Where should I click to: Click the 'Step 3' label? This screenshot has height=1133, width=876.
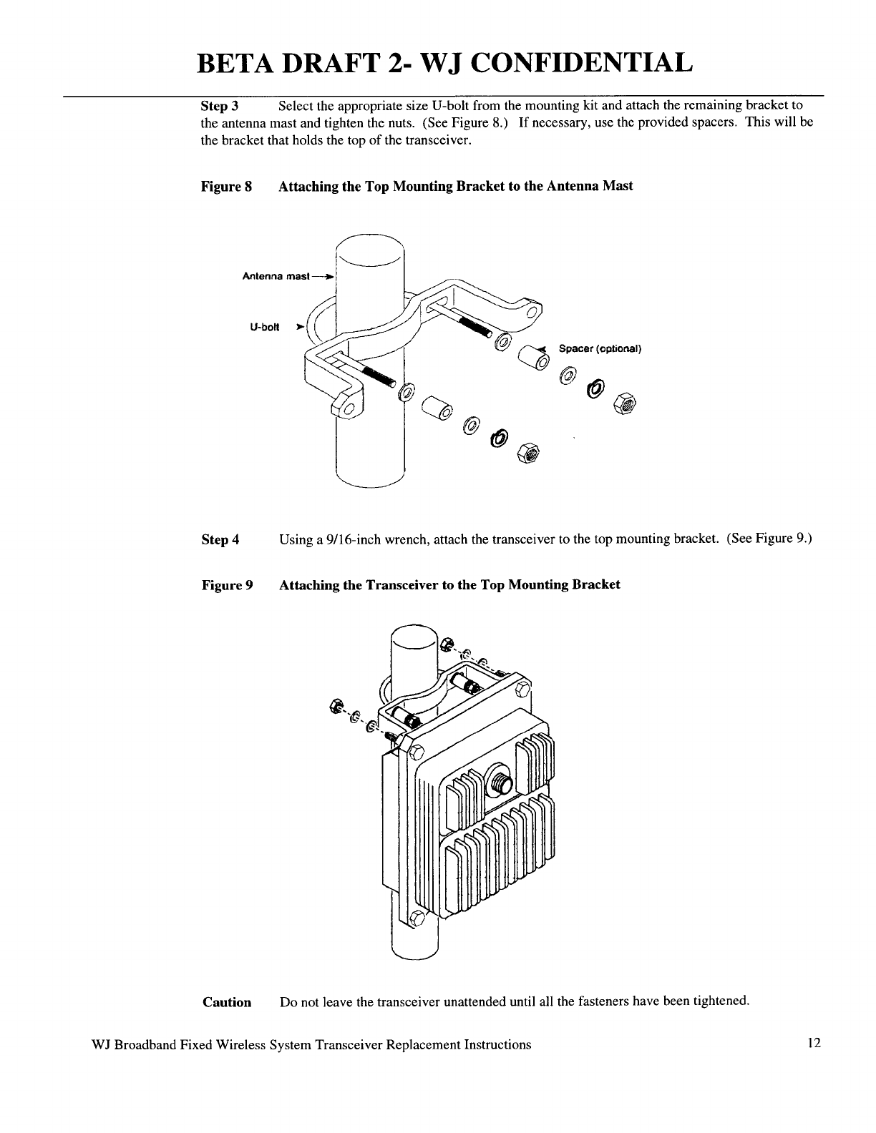point(219,107)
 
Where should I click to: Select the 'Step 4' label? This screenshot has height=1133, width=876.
point(220,540)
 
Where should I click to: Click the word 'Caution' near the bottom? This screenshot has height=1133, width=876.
point(227,1002)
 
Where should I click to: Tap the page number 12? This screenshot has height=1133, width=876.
point(813,1044)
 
